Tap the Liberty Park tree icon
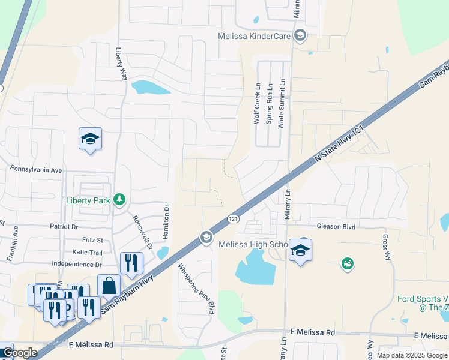click(x=120, y=199)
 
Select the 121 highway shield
click(x=233, y=220)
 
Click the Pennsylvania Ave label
click(x=36, y=170)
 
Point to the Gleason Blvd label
click(x=336, y=226)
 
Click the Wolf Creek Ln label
click(x=257, y=103)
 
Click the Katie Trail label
click(x=88, y=253)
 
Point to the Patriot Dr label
click(x=65, y=227)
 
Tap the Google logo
click(x=20, y=353)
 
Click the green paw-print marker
click(x=347, y=263)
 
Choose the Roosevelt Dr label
click(x=142, y=232)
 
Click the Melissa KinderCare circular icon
click(x=300, y=36)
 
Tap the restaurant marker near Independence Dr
click(x=131, y=262)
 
